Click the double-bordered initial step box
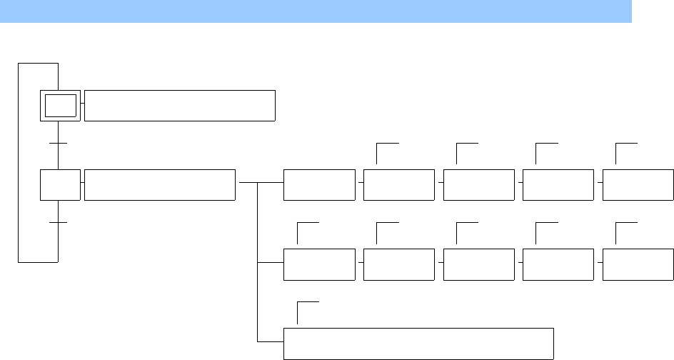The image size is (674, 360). (60, 106)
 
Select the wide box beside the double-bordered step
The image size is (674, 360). (179, 106)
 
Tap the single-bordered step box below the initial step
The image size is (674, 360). (60, 185)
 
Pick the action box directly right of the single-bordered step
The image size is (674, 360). (159, 185)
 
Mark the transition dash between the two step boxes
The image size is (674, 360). (58, 144)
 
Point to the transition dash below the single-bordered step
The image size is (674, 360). (58, 224)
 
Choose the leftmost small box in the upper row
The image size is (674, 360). (319, 185)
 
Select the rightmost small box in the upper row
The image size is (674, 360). (638, 185)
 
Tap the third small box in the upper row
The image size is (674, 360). (478, 185)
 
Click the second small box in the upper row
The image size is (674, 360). (398, 185)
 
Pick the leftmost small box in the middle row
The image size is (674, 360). (319, 264)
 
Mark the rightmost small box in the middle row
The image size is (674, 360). (638, 264)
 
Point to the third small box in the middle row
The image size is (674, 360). (478, 264)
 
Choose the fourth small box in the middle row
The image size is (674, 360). (558, 264)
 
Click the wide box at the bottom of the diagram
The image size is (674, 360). (418, 344)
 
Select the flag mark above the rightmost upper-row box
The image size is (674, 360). (625, 144)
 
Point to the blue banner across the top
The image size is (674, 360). (316, 11)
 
